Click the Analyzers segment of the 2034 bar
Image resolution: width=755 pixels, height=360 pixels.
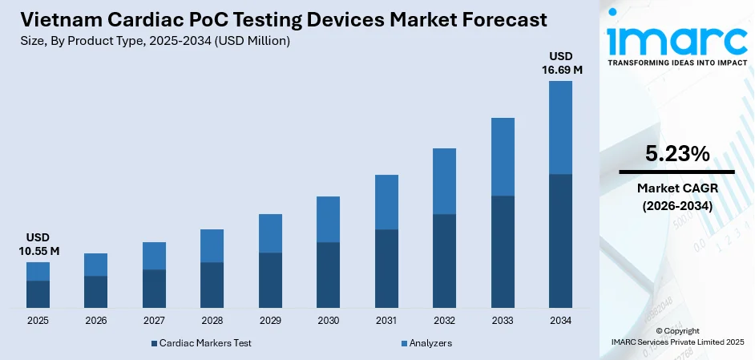click(x=560, y=127)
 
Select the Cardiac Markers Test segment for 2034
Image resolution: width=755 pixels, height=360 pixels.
click(x=560, y=241)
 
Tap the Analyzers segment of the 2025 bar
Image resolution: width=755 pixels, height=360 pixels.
click(x=38, y=271)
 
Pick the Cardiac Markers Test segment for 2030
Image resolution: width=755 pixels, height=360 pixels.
click(x=328, y=275)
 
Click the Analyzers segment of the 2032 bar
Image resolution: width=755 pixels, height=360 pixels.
click(x=444, y=181)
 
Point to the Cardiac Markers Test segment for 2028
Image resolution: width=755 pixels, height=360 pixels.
click(x=212, y=285)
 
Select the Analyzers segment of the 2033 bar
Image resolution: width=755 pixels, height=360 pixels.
click(x=503, y=156)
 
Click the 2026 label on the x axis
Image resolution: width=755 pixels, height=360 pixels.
click(x=95, y=321)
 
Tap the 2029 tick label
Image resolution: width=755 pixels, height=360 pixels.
click(x=270, y=321)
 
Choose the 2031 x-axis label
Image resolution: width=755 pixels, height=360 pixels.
click(x=386, y=321)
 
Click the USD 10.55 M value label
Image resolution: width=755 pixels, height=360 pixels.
click(x=38, y=245)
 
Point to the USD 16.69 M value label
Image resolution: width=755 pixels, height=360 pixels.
click(x=560, y=63)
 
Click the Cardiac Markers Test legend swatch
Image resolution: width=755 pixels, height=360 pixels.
click(x=154, y=343)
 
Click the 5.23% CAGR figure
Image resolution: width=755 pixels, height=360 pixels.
click(x=676, y=154)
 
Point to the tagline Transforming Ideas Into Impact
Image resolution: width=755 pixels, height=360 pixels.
click(x=676, y=62)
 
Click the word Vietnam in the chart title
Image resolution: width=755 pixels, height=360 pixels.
click(x=50, y=20)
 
